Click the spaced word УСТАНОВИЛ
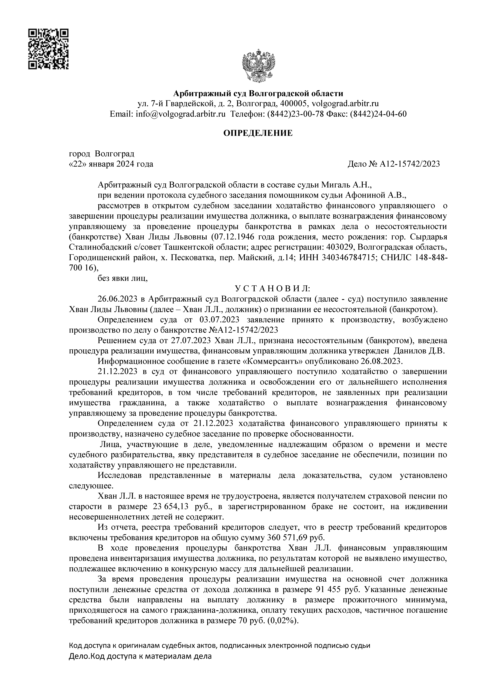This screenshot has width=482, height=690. [272, 289]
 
